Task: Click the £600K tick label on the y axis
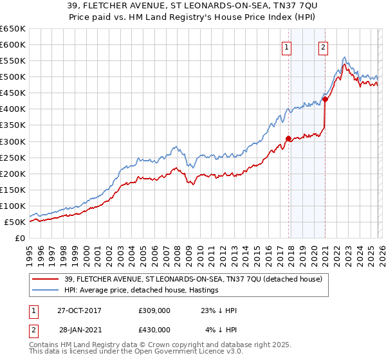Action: pos(13,45)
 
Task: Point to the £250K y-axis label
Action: pos(13,157)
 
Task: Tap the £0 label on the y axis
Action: pos(20,239)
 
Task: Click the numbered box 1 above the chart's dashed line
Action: pos(286,46)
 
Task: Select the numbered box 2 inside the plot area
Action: pos(322,46)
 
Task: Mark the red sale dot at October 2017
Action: pos(288,138)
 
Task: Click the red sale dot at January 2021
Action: pos(325,99)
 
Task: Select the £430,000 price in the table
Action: pos(154,330)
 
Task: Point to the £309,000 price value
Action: pos(154,310)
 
